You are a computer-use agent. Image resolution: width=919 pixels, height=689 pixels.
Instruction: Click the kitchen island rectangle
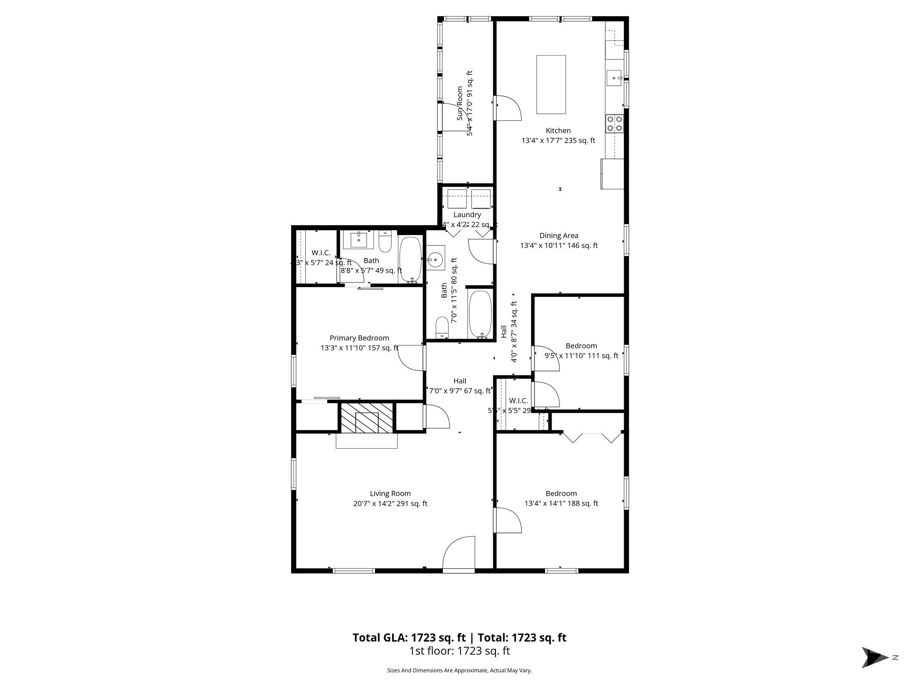tap(551, 84)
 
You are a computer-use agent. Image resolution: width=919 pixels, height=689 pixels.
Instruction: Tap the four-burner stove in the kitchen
tap(614, 123)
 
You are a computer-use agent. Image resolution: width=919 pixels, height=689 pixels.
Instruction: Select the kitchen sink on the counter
tap(614, 78)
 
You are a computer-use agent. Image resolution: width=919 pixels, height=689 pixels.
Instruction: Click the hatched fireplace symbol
tap(367, 418)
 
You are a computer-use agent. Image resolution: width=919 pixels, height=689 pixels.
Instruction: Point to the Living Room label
tap(390, 493)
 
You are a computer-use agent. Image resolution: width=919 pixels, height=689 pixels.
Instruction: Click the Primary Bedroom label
tap(359, 338)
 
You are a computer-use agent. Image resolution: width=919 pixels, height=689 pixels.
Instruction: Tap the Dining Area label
tap(559, 235)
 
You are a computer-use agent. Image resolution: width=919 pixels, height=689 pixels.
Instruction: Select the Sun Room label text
tap(459, 103)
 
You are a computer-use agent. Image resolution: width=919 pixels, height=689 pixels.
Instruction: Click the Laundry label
tap(467, 215)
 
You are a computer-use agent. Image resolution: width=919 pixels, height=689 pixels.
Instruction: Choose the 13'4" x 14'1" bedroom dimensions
tap(561, 503)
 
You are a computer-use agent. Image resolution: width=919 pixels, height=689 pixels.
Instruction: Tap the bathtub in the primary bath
tap(410, 259)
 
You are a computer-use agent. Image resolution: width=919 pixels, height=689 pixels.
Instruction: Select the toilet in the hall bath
tap(442, 327)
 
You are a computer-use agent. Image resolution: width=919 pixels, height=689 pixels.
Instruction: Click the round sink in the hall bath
tap(435, 259)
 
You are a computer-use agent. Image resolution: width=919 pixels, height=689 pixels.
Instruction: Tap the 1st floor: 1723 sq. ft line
tap(459, 651)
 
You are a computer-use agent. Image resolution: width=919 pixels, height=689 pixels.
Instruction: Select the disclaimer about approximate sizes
tap(459, 671)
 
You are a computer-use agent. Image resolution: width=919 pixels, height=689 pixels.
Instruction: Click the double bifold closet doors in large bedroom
tap(592, 437)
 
